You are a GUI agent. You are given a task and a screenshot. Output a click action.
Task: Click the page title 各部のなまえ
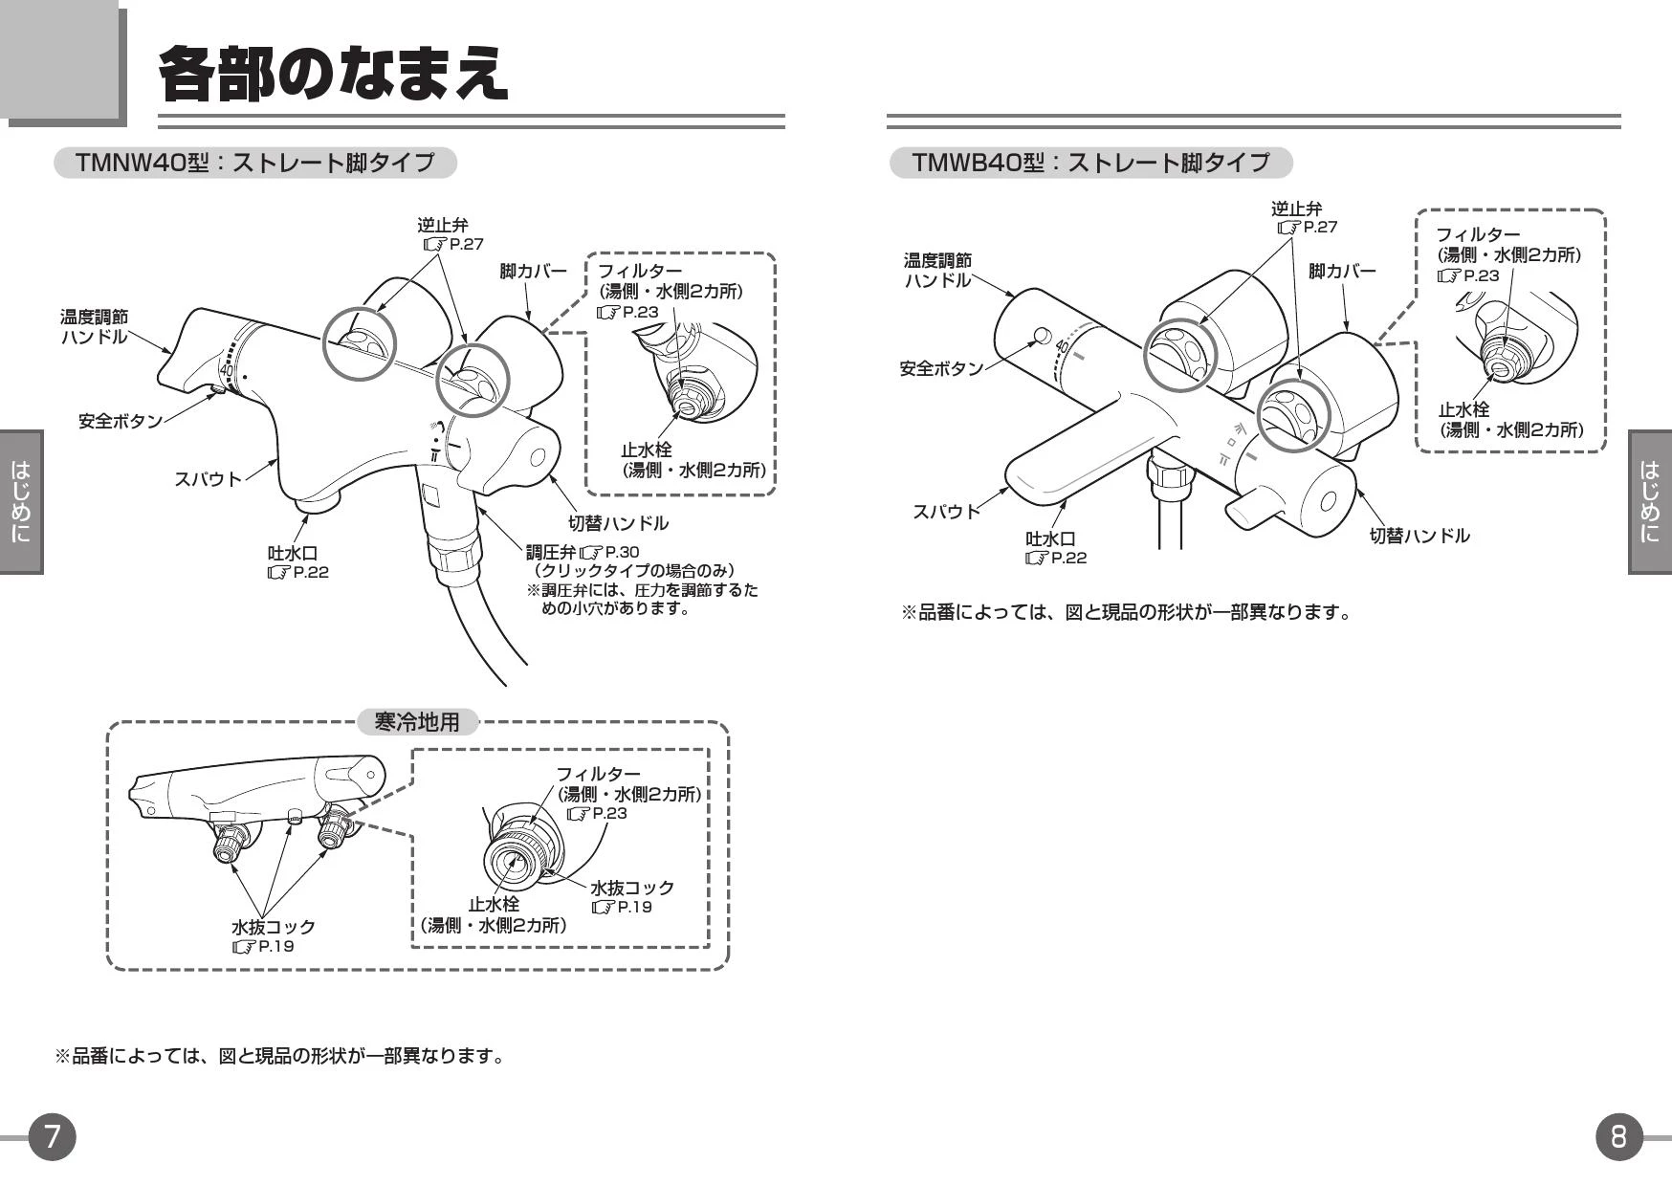[332, 73]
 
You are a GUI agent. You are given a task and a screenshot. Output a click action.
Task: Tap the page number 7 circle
[52, 1136]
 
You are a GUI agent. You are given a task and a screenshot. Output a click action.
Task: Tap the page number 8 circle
[1618, 1136]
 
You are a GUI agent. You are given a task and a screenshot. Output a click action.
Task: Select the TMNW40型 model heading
[254, 163]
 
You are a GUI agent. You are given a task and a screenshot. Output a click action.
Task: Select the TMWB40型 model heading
[1090, 163]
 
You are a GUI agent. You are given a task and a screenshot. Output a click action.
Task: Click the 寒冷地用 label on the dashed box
[417, 722]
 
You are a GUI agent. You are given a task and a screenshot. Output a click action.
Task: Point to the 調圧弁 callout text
[552, 552]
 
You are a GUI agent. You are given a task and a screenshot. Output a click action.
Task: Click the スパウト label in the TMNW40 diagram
[208, 478]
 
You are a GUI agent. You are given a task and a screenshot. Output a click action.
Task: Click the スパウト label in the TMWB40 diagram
[946, 511]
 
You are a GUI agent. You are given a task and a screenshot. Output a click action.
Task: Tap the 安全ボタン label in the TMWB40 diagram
[941, 368]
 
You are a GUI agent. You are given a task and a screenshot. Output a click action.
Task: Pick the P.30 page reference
[622, 552]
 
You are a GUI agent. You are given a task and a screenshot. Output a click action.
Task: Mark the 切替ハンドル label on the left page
[618, 523]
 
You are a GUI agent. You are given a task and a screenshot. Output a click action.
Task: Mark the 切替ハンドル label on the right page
[1419, 536]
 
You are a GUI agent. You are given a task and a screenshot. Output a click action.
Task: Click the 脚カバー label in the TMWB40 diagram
[1342, 271]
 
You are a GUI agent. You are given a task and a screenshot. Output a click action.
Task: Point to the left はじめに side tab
[21, 501]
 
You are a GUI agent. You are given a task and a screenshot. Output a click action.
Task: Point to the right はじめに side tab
[1649, 501]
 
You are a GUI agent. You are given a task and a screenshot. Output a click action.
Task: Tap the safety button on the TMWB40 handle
[1041, 335]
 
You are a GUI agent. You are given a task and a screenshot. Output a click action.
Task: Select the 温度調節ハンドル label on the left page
[94, 326]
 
